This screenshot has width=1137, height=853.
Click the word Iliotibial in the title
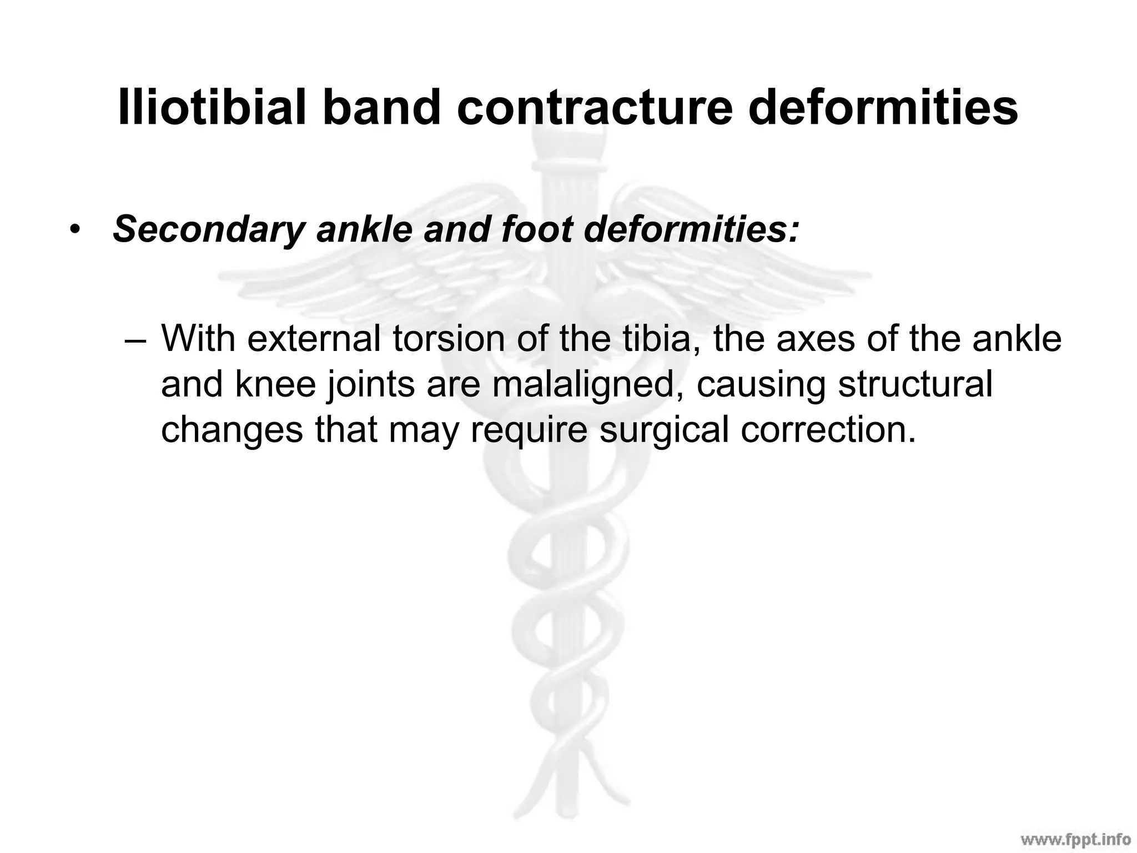[x=212, y=107]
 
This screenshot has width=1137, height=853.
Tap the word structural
[x=915, y=384]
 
